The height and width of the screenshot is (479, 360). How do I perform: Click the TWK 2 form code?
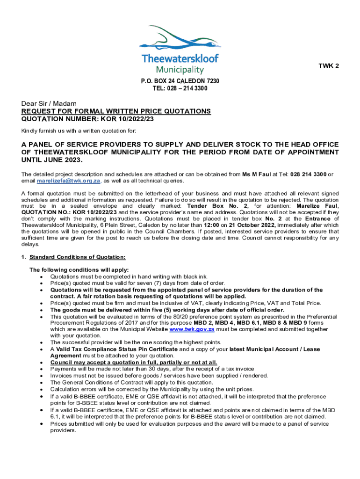click(329, 66)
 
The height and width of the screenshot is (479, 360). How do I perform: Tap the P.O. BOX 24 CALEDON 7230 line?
click(180, 81)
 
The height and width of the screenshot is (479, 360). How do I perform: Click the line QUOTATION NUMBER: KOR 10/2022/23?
click(87, 119)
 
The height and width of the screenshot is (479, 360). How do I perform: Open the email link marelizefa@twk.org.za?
click(68, 181)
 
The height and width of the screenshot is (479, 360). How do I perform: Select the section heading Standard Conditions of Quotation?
click(77, 257)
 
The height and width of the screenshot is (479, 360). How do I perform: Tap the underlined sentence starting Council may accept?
click(134, 363)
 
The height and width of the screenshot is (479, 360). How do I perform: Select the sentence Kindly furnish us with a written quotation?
click(79, 131)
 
